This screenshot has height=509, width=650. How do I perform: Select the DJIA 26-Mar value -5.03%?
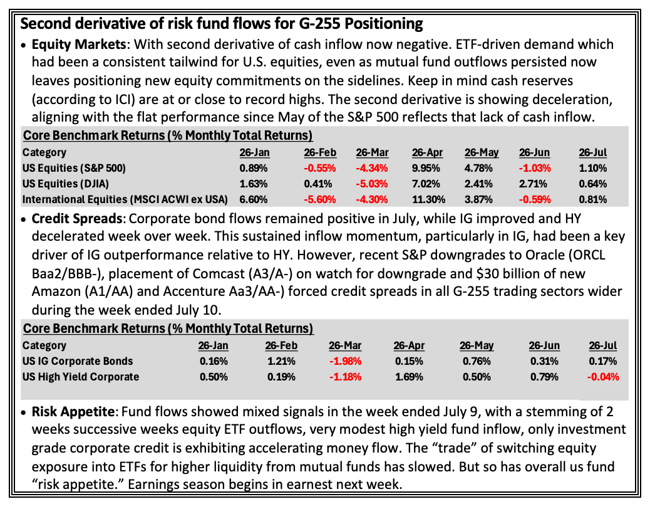pos(372,184)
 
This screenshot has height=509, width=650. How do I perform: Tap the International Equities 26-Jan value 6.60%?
pos(253,199)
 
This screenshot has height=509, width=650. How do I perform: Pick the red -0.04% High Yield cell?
pos(603,377)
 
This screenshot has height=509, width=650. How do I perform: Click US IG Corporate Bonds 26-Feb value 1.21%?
pos(281,361)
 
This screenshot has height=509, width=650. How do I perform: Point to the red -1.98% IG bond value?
pos(345,361)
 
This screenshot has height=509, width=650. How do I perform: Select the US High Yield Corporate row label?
pos(81,377)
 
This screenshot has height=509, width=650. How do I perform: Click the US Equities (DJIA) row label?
pos(66,184)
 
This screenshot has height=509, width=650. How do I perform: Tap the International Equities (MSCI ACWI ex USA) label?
pos(125,199)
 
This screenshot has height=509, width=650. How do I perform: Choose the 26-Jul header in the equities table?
pos(593,153)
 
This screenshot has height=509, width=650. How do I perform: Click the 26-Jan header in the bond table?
pos(213,345)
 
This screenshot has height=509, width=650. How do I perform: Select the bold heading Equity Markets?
pos(79,44)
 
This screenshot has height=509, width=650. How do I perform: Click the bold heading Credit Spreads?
pos(76,218)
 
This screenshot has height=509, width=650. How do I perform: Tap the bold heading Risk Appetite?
pos(73,411)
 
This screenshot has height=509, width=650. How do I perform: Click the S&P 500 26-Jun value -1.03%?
pos(535,168)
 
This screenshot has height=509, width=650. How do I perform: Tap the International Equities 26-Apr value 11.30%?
pos(428,199)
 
